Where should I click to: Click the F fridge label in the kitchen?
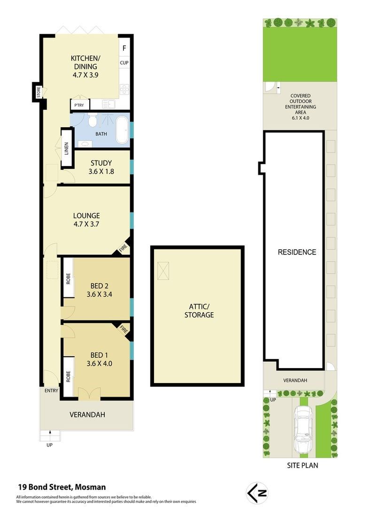(x=124, y=48)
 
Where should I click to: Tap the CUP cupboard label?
(x=124, y=63)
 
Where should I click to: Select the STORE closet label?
(x=39, y=92)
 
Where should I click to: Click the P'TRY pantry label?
(x=79, y=105)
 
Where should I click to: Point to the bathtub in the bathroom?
(x=122, y=130)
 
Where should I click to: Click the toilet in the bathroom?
(x=93, y=120)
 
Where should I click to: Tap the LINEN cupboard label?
(x=67, y=148)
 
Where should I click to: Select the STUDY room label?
(x=101, y=163)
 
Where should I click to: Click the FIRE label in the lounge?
(x=123, y=248)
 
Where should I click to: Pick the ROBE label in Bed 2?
(x=68, y=279)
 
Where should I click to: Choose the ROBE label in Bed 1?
(x=68, y=376)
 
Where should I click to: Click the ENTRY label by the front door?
(x=51, y=391)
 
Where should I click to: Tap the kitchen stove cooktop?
(x=124, y=89)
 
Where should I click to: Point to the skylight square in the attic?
(x=163, y=271)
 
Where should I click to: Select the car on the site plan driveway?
(x=304, y=430)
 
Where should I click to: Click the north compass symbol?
(x=257, y=493)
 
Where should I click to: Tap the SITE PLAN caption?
(x=302, y=465)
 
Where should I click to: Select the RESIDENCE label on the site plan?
(x=297, y=252)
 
